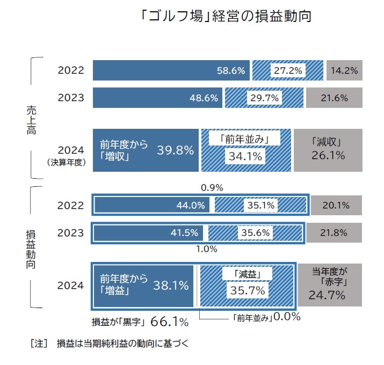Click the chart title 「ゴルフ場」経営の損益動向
point(225,16)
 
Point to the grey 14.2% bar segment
point(344,70)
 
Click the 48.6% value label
point(204,98)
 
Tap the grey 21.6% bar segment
point(334,98)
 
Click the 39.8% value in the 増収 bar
point(175,150)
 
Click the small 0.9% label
point(212,188)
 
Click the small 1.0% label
point(206,249)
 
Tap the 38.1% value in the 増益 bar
point(171,286)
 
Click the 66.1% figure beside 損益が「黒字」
point(169,322)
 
